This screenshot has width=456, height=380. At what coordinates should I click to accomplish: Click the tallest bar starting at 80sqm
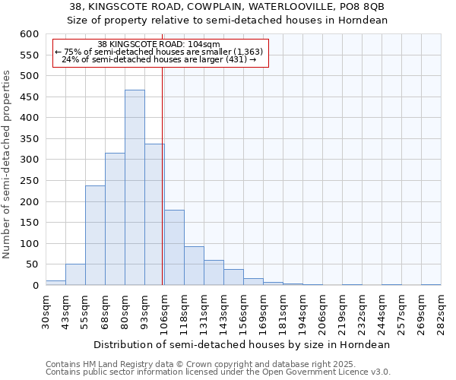(135, 188)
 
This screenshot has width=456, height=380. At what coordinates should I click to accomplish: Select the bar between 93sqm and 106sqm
(154, 215)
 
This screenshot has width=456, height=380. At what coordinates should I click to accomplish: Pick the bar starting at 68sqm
(115, 220)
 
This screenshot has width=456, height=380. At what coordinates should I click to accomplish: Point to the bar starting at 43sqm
(75, 275)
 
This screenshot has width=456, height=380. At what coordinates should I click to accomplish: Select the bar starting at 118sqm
(194, 266)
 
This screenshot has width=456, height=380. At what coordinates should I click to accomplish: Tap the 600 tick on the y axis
(29, 34)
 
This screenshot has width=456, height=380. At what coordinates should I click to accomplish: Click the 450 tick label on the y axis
(29, 97)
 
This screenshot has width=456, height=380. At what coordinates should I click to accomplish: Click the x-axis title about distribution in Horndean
(240, 344)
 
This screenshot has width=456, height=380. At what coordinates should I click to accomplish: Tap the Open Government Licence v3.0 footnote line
(218, 372)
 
